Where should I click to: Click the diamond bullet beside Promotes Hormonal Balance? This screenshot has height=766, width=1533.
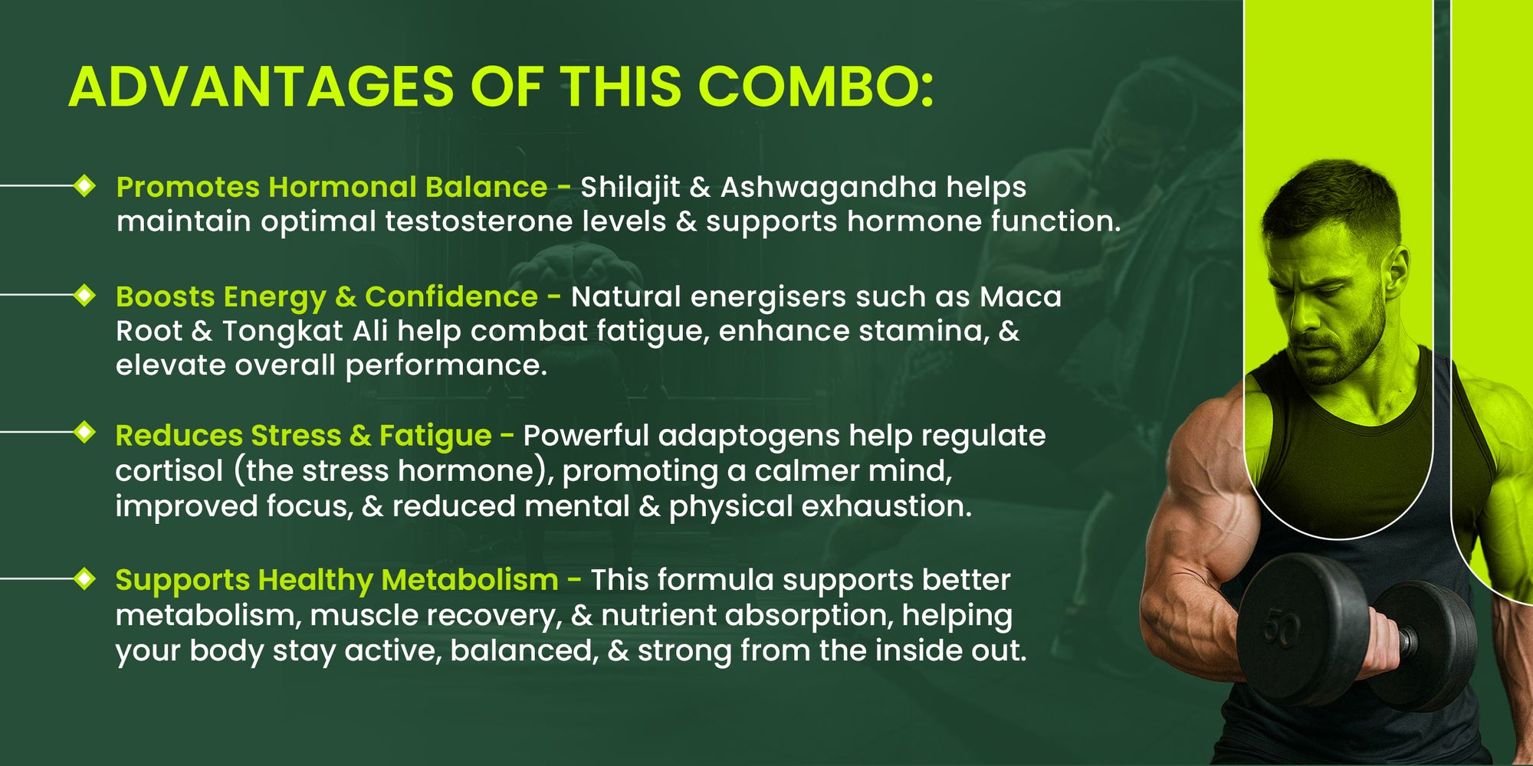84,185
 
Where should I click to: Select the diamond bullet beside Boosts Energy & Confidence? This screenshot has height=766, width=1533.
84,294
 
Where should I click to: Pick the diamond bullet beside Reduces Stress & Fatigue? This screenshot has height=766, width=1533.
84,432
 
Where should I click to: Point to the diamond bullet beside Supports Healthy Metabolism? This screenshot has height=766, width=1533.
84,579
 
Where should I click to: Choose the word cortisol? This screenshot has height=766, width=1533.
169,470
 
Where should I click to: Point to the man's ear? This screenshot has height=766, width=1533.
1397,275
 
